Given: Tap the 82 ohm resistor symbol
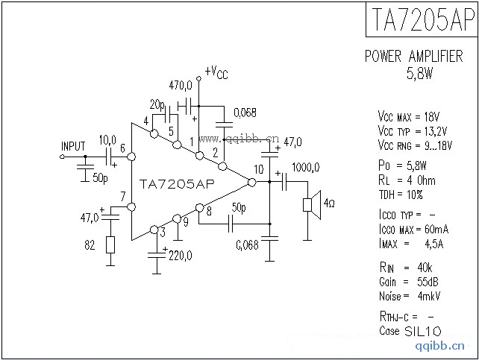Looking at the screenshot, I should pos(110,245).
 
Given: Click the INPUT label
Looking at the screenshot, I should pos(73,145).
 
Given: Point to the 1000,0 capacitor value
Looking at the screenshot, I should pos(306,167).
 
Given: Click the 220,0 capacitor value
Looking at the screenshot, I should pos(180,256).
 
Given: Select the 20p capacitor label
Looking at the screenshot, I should pos(157,104).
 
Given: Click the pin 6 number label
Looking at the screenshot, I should pos(122,149).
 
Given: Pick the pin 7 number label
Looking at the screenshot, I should pos(122,196).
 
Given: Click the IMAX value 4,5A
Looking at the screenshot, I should pos(423,243).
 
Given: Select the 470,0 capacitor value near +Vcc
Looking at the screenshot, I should pos(181,86).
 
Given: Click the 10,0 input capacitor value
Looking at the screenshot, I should pos(107,139).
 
